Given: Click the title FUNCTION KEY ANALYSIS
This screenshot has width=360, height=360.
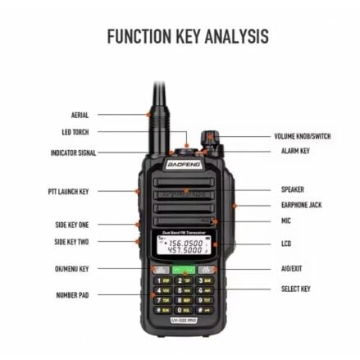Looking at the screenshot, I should click(188, 36).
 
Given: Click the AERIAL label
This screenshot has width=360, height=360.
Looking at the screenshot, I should click(80, 116).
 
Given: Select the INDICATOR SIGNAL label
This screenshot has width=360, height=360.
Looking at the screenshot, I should click(73, 153).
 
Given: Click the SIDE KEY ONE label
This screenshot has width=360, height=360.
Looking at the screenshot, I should click(71, 224).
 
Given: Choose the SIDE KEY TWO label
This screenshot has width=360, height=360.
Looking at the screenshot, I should click(71, 242).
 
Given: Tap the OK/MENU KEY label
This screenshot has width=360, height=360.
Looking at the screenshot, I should click(71, 268).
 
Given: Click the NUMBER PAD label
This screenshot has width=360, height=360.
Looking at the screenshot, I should click(72, 295).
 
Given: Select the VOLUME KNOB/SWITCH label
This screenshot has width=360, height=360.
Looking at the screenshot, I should click(302, 137).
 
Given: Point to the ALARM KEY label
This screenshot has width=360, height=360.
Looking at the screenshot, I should click(295, 151).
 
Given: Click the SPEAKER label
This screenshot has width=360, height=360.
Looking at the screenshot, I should click(292, 189).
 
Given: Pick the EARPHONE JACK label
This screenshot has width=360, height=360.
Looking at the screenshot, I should click(296, 205).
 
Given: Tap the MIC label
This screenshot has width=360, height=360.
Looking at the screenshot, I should click(286, 221).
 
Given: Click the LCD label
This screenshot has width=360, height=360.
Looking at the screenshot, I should click(286, 244).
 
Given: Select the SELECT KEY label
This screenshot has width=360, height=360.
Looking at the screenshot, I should click(295, 289).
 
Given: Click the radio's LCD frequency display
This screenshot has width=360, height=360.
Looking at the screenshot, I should click(185, 247).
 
